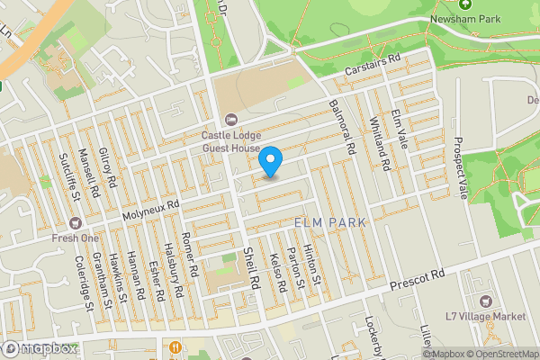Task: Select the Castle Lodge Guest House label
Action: coord(230,141)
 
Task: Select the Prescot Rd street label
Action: coord(418,279)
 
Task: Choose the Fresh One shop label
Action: coord(76,238)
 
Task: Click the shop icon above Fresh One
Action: coord(76,222)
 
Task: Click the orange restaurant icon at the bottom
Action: coord(175,346)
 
